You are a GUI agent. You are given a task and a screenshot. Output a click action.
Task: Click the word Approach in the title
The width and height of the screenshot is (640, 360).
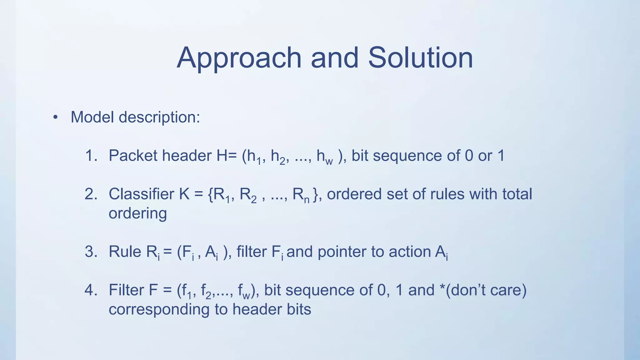click(x=239, y=58)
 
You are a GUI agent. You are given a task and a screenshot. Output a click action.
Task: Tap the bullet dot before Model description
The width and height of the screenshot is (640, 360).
click(x=56, y=117)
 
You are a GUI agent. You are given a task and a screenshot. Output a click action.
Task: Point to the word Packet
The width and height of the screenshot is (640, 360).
click(x=132, y=156)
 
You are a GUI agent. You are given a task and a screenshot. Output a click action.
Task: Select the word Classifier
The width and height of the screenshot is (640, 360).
click(x=141, y=194)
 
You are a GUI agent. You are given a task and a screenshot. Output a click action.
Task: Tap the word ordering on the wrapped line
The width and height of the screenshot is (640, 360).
click(x=137, y=214)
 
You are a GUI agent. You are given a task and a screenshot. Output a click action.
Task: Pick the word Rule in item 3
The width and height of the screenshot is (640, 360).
click(x=125, y=252)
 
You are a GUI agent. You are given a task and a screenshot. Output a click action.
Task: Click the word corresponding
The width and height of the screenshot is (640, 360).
click(x=159, y=310)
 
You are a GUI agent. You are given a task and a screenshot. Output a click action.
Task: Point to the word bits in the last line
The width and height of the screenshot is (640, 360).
click(x=298, y=309)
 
